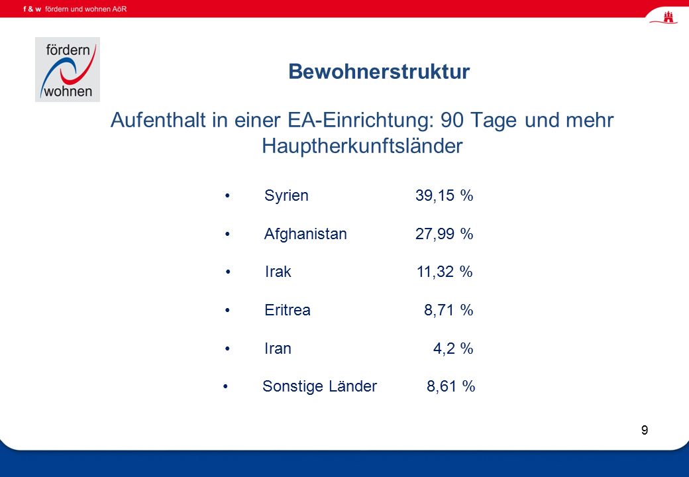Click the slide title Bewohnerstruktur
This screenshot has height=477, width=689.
tap(379, 71)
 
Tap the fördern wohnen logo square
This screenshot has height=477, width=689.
tap(68, 70)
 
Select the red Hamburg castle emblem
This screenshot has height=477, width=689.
tap(668, 17)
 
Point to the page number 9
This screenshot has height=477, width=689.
tap(645, 430)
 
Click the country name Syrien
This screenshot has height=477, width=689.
tap(286, 196)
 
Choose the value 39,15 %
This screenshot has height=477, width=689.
tap(445, 195)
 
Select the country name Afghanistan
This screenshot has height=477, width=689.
tap(305, 234)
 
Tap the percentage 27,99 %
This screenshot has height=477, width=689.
tap(445, 234)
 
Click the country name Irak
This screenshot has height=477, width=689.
tap(278, 272)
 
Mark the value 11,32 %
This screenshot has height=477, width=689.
tap(445, 272)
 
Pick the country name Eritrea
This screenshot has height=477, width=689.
tap(288, 310)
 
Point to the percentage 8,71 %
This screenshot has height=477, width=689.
tap(449, 310)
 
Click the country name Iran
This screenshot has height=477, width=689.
tap(278, 348)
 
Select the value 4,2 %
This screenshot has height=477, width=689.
tap(453, 348)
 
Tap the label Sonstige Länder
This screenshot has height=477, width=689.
tap(319, 387)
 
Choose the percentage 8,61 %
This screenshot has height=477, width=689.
tap(451, 386)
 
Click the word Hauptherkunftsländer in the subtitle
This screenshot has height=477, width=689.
tap(362, 146)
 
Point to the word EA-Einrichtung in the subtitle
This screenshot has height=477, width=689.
tap(358, 121)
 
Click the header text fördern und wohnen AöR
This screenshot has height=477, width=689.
tap(85, 9)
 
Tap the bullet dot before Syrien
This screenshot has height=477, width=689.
tap(227, 195)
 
